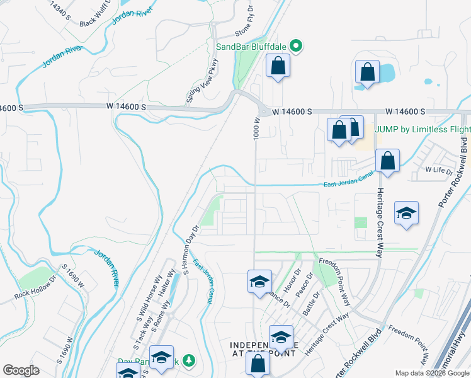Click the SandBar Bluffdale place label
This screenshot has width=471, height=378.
pos(251,46)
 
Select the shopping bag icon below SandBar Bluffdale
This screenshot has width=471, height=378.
pos(277,66)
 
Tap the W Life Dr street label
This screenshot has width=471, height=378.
pos(439,170)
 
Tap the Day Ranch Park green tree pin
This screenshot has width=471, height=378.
pos(188,361)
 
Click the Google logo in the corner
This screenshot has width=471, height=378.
pos(21,370)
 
